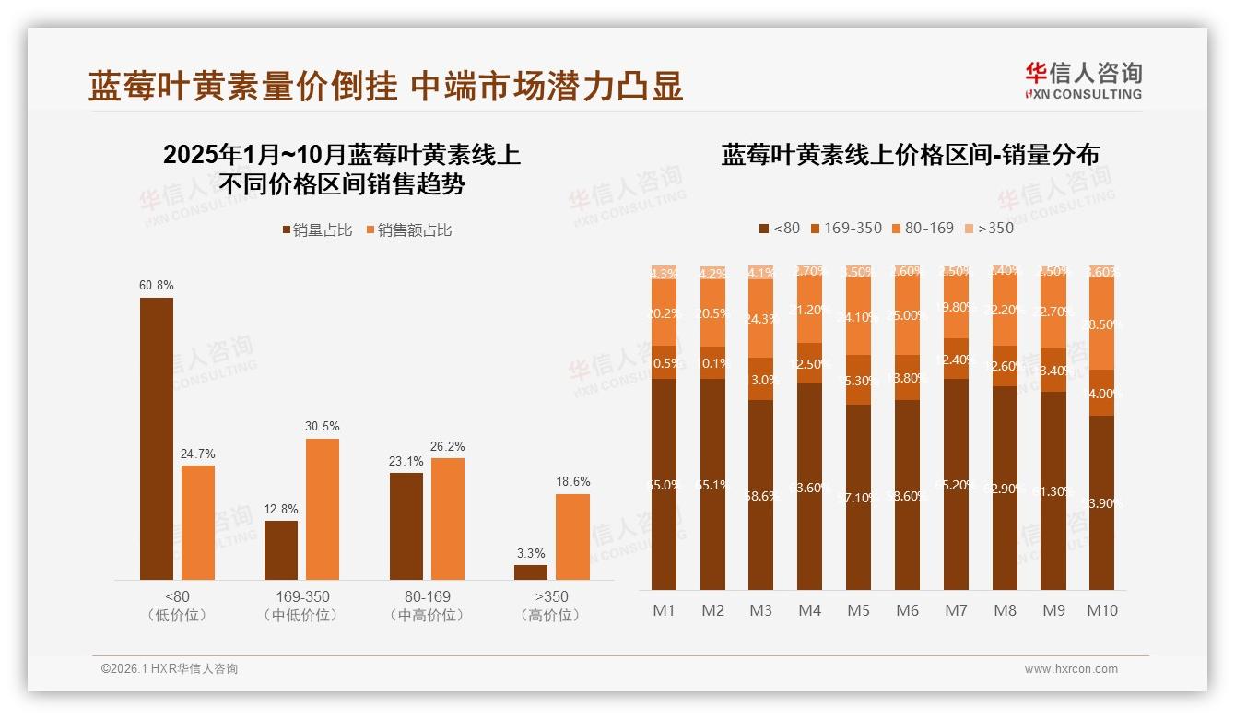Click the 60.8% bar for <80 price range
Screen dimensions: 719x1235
[157, 438]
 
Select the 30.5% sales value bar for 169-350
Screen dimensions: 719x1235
[323, 509]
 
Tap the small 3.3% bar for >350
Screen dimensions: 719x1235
[531, 572]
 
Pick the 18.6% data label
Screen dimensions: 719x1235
[573, 482]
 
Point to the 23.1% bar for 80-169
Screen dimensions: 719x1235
[406, 525]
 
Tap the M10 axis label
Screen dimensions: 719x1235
[1101, 610]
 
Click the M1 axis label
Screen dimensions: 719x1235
[664, 610]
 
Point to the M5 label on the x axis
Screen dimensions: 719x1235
[858, 610]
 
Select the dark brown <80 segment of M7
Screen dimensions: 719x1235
[956, 484]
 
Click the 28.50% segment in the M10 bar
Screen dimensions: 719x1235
[1101, 324]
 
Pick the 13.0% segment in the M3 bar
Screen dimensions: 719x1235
[760, 379]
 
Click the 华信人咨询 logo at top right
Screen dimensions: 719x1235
[1083, 80]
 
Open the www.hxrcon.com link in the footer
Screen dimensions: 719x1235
[1071, 669]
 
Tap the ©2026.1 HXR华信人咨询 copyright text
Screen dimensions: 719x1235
[170, 669]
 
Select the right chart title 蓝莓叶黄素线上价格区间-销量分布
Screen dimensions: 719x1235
[910, 155]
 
